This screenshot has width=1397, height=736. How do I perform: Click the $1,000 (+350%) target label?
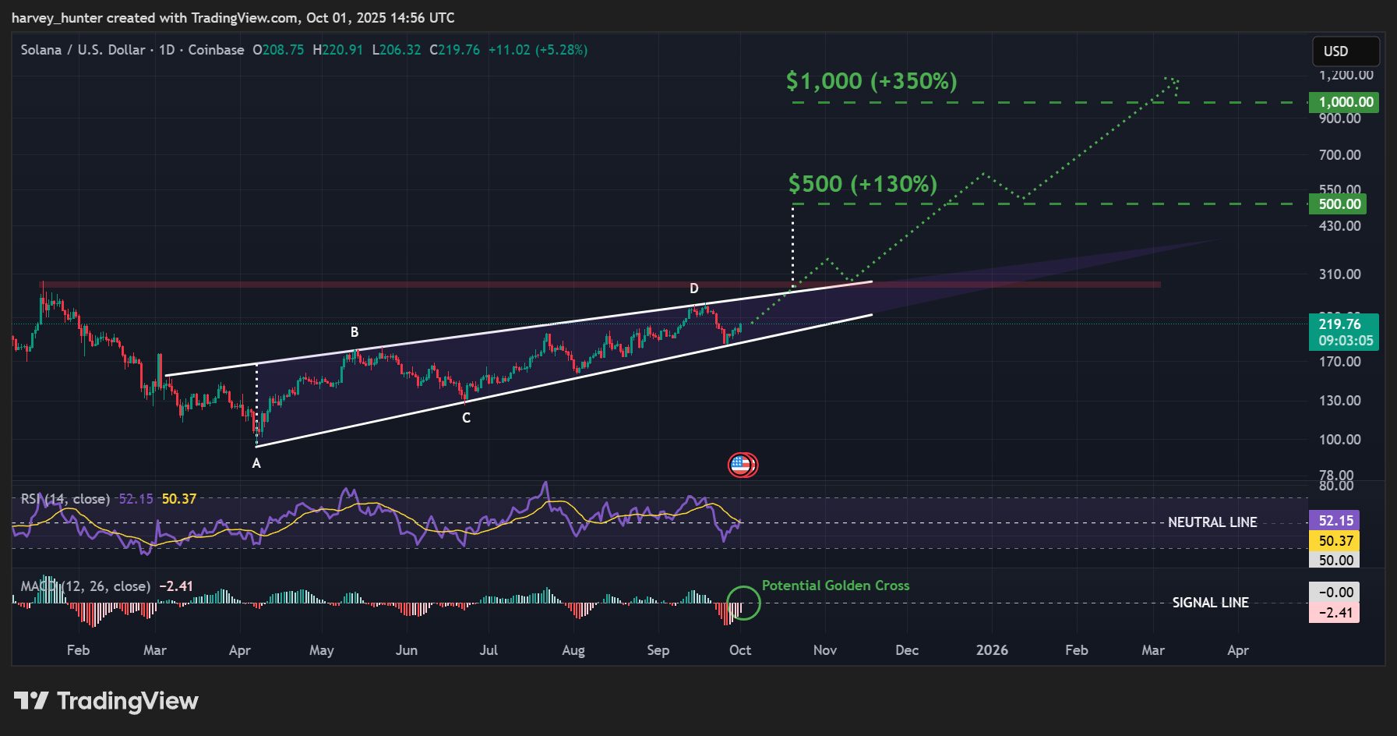pos(871,81)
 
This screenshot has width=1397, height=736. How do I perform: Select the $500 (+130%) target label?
pos(863,184)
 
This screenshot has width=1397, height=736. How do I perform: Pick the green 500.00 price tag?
pos(1339,204)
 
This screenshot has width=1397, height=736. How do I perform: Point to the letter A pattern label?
pos(256,463)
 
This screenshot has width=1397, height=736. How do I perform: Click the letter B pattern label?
pos(355,332)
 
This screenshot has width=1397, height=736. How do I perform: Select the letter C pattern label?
pos(466,418)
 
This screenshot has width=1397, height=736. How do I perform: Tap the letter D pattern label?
pos(694,288)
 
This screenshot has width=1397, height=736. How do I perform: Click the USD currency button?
pos(1345,51)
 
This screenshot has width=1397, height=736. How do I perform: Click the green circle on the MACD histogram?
pos(743,603)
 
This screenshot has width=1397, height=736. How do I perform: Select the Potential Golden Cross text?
pos(835,586)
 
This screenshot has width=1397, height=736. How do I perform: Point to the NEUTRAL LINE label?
pos(1212,522)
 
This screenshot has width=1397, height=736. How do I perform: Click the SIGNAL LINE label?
pos(1210,603)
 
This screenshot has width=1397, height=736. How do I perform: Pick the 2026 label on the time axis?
pos(992,650)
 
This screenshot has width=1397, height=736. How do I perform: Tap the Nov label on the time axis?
pos(824,650)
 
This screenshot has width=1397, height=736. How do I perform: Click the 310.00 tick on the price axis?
pos(1339,274)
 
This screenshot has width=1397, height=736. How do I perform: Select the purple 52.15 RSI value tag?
pos(1335,520)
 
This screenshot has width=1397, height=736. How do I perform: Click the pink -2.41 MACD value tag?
pos(1335,613)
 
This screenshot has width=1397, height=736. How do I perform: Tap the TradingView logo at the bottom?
pos(107,701)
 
